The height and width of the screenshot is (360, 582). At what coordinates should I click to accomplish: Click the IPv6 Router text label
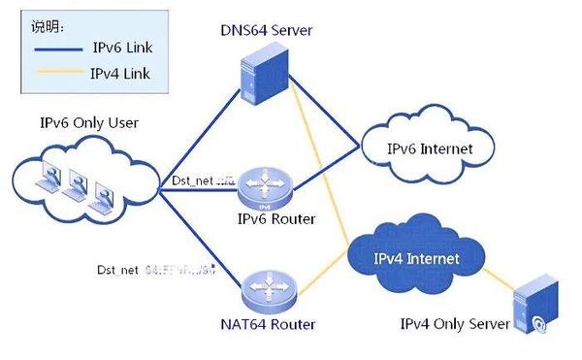tap(276, 218)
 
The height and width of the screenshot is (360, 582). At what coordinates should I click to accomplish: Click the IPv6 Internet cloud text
tap(430, 149)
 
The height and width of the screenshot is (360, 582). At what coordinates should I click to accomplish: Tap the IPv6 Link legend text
tap(121, 48)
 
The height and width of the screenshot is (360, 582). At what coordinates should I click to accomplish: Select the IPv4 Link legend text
tap(121, 74)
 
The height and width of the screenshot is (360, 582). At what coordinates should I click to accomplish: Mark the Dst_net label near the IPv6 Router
tap(203, 180)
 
